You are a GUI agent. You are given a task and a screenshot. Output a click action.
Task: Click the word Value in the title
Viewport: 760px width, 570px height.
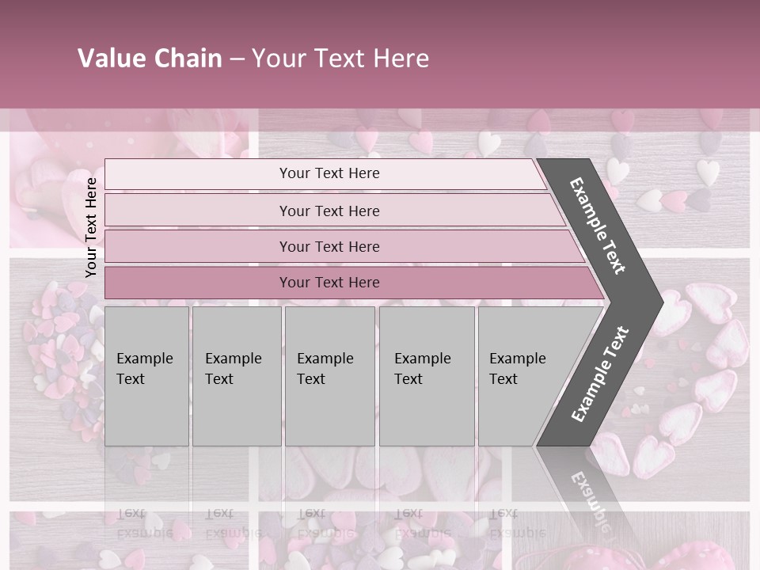pos(110,59)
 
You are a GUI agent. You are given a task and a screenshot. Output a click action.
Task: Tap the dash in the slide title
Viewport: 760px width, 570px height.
pos(237,59)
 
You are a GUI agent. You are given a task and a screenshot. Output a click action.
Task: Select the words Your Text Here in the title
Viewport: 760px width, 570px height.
pos(340,59)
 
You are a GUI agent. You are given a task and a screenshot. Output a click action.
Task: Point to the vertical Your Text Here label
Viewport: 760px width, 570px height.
pos(91,227)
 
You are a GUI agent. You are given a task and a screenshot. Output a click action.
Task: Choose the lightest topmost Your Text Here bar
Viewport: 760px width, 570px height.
pos(329,173)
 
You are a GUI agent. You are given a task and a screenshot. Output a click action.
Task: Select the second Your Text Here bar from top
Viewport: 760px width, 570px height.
pos(329,211)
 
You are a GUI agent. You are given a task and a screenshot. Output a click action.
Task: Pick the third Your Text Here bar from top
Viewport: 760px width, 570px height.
pos(329,246)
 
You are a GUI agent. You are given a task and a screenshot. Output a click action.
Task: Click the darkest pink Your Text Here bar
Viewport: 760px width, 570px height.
pos(329,283)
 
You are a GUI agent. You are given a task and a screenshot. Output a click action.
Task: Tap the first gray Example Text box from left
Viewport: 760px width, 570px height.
pos(146,376)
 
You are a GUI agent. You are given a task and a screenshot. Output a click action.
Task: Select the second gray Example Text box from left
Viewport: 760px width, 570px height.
pos(236,376)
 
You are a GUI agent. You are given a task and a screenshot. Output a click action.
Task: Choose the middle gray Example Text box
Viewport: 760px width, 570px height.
pos(329,376)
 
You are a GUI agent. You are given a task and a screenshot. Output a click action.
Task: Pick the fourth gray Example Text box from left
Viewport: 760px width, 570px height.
pos(426,376)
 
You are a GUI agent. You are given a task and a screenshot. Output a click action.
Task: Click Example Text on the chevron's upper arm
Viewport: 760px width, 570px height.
pos(598,226)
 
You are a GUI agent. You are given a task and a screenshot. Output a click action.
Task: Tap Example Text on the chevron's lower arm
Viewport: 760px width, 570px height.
pos(599,374)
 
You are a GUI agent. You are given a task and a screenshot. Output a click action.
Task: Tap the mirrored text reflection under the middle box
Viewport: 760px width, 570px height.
pos(325,522)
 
